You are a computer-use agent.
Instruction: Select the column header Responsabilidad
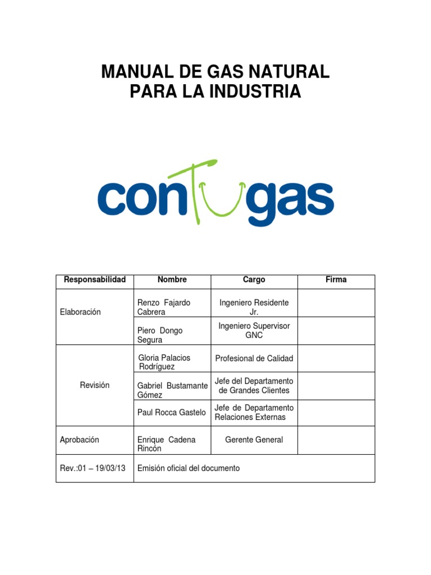tap(95, 280)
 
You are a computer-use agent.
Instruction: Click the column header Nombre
tap(172, 280)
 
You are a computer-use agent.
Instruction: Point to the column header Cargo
tap(254, 280)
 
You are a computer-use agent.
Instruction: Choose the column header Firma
tap(336, 280)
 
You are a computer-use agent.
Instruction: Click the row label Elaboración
tap(80, 312)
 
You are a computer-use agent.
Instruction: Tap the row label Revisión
tap(95, 385)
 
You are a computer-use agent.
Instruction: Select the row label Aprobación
tap(79, 440)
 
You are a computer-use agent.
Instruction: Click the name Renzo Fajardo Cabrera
tap(164, 307)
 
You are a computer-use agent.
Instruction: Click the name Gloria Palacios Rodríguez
tap(164, 362)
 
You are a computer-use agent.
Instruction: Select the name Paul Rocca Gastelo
tap(171, 412)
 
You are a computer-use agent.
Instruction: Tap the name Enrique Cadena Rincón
tap(167, 444)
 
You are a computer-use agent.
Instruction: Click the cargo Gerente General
tap(254, 440)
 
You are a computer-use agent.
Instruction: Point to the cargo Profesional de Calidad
tap(254, 358)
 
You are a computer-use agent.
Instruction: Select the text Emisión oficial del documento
tap(189, 468)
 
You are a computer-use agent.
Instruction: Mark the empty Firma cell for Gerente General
tap(336, 440)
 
